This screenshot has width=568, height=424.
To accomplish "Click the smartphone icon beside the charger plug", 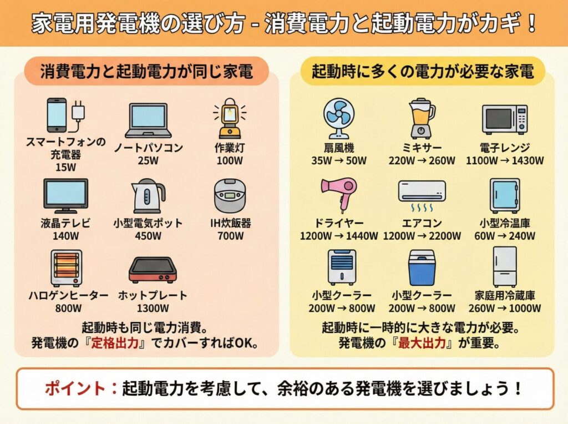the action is pos(57,115).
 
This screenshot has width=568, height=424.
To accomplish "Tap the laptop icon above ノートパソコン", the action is pos(148,120).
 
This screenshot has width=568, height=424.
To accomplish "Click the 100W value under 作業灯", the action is pos(230,160).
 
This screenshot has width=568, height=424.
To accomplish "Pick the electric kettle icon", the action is pos(148,196).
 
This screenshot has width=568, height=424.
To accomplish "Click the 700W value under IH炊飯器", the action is pos(230,236).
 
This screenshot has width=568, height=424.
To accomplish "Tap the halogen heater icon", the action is pos(67,268).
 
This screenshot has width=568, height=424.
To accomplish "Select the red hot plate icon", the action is pos(153,270).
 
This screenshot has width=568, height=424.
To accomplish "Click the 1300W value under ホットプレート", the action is pos(153,309).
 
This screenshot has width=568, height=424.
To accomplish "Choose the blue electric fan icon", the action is pos(339,119).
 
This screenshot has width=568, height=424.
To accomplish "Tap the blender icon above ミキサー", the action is pos(422,118).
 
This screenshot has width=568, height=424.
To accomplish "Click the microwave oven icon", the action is pos(505,119).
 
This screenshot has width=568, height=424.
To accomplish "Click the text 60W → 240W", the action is pos(505,236).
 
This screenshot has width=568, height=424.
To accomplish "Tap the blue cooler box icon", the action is pos(422,268).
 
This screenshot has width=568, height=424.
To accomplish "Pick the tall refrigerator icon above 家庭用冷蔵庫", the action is pos(505,267).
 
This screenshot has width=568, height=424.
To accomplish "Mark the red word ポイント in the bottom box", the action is pos(75,388).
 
